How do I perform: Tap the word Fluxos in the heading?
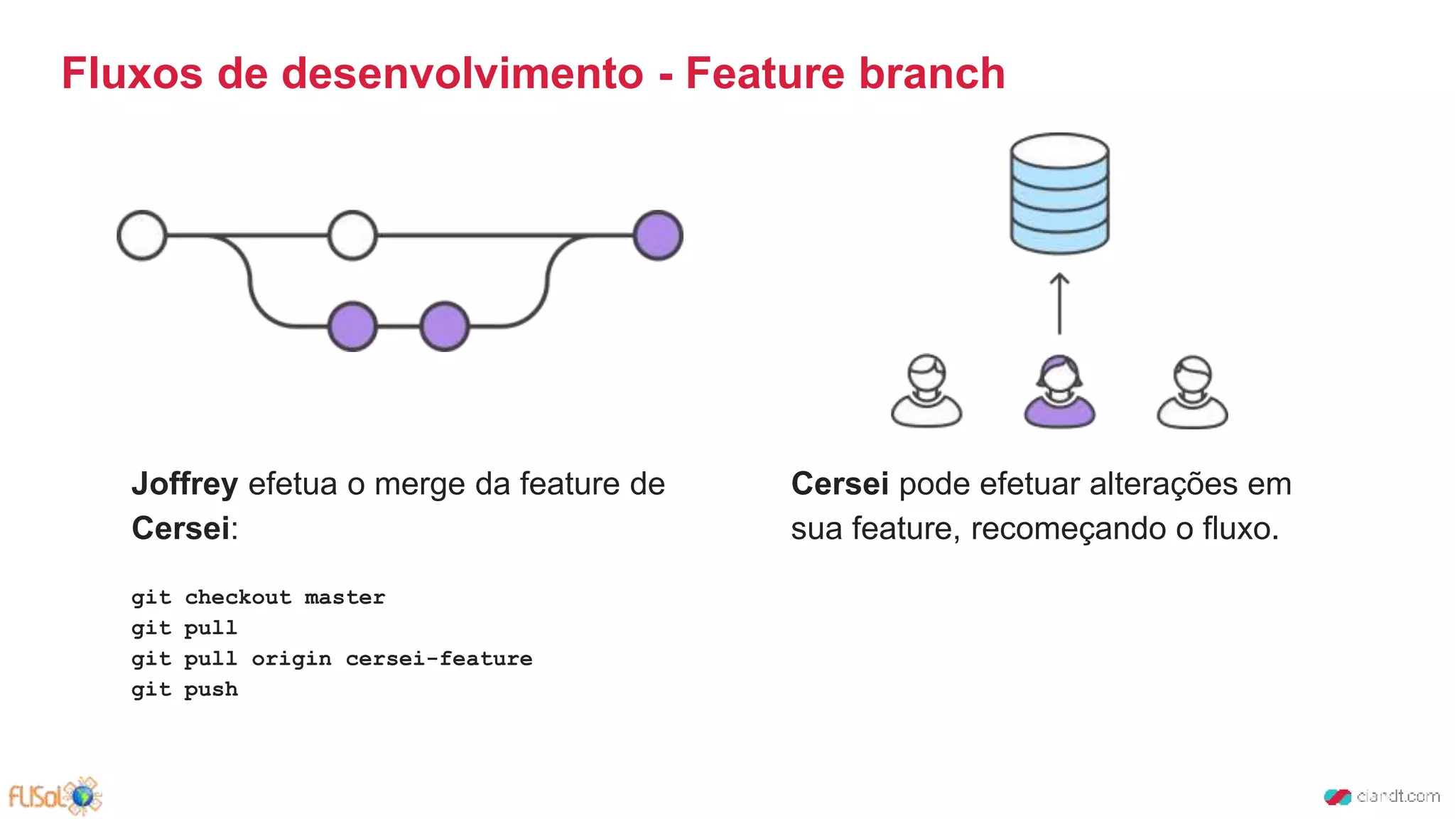pyautogui.click(x=132, y=73)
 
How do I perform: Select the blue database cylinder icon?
pyautogui.click(x=1059, y=193)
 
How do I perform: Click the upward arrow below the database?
pyautogui.click(x=1059, y=304)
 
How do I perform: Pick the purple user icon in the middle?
pyautogui.click(x=1059, y=392)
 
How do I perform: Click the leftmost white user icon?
pyautogui.click(x=926, y=392)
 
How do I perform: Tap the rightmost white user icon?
pyautogui.click(x=1192, y=392)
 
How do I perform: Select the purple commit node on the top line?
pyautogui.click(x=658, y=235)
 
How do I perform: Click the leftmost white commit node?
pyautogui.click(x=142, y=235)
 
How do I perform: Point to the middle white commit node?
pyautogui.click(x=352, y=235)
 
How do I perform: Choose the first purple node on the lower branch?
pyautogui.click(x=352, y=326)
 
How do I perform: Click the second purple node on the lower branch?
pyautogui.click(x=445, y=326)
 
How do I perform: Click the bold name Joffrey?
pyautogui.click(x=185, y=484)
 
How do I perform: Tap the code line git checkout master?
pyautogui.click(x=258, y=597)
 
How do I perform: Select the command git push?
pyautogui.click(x=185, y=690)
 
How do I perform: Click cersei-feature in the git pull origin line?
pyautogui.click(x=439, y=659)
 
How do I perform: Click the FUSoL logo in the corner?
pyautogui.click(x=55, y=796)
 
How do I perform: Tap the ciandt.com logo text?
pyautogui.click(x=1397, y=796)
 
